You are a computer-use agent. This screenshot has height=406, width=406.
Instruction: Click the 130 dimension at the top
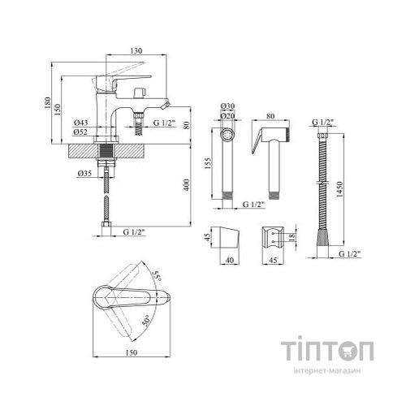[x=136, y=50]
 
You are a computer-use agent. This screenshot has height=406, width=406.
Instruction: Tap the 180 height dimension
[x=48, y=103]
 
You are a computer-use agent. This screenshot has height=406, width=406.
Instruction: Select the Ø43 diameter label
[x=80, y=123]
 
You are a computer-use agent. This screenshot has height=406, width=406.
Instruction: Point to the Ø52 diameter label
[x=80, y=132]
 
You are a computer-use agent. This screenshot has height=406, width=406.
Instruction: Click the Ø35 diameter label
[x=84, y=173]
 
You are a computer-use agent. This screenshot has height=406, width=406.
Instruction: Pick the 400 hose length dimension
[x=187, y=185]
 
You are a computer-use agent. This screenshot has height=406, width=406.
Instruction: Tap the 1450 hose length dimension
[x=339, y=189]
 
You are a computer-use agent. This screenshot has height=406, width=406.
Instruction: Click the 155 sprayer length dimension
[x=208, y=164]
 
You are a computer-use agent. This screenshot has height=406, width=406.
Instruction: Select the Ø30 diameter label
[x=227, y=106]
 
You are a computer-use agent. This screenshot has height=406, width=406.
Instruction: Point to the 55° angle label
[x=158, y=275]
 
